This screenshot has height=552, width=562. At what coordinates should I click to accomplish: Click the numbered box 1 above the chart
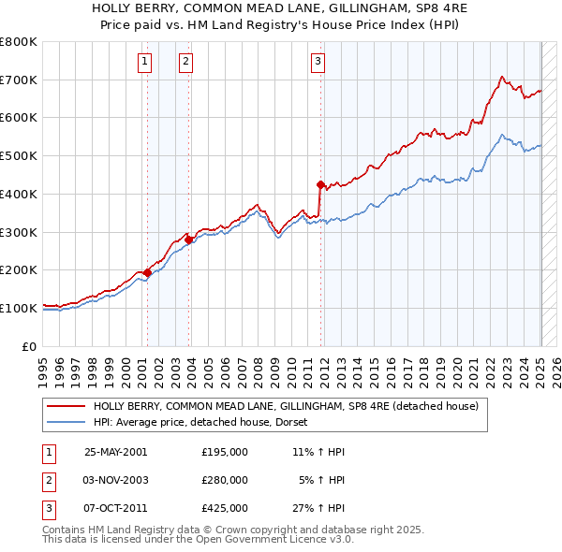(146, 63)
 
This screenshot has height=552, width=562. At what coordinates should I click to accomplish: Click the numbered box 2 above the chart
(186, 63)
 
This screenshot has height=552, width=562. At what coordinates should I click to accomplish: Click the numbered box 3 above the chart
(318, 63)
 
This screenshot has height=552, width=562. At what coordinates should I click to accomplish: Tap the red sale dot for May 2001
(147, 272)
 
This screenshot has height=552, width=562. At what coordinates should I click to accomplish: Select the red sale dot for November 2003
(188, 240)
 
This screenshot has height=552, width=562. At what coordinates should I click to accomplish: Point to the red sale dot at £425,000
(320, 184)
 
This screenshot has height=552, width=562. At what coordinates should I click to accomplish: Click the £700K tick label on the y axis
(19, 80)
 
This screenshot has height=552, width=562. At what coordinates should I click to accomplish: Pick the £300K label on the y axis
(19, 232)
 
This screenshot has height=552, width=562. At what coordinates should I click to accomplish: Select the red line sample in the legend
(67, 406)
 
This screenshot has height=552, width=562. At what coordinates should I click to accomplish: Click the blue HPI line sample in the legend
(67, 422)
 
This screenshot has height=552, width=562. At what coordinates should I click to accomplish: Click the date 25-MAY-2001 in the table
(116, 452)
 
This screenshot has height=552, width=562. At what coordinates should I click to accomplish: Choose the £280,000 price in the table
(224, 480)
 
